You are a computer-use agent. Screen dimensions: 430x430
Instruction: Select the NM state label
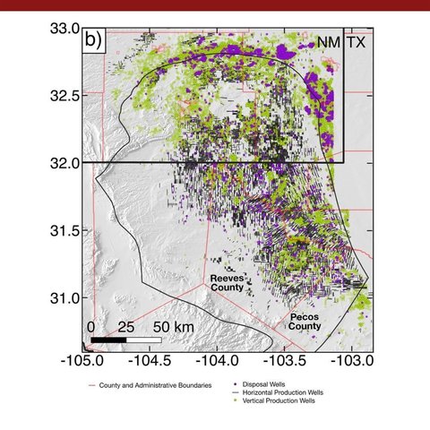(322, 42)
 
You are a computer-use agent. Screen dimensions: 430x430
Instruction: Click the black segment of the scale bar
(108, 340)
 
